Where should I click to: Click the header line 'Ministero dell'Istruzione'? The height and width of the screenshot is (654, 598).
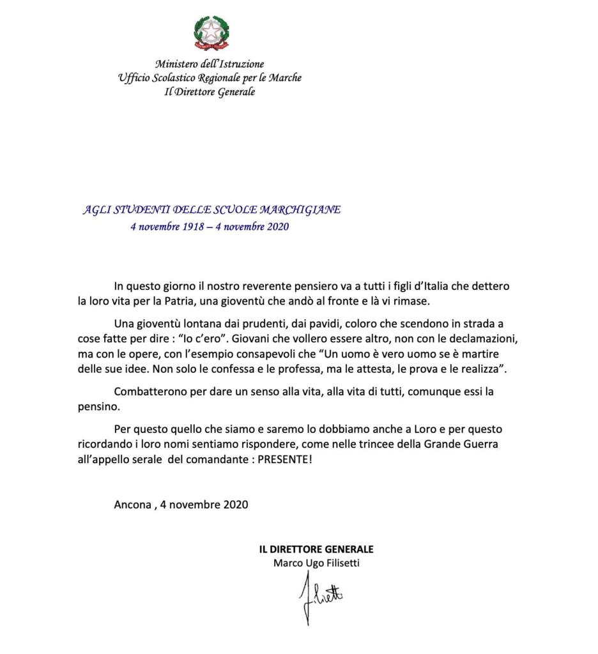click(210, 64)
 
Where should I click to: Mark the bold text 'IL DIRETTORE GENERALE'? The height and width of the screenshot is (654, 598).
click(316, 549)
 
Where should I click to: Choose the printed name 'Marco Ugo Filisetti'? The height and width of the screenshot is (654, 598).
click(316, 563)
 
